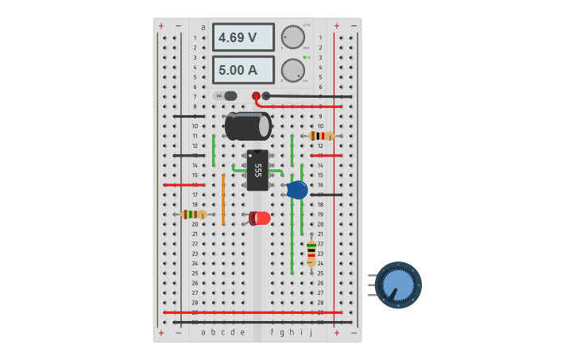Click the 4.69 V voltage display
tap(242, 37)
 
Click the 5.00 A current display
tap(242, 70)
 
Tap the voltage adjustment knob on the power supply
tap(292, 37)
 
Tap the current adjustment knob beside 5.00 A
tap(292, 70)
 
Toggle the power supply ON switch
tap(226, 96)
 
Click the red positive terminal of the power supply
tap(256, 96)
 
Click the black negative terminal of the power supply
tap(266, 96)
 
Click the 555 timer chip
tap(257, 170)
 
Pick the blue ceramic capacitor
tap(297, 189)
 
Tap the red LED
tap(260, 218)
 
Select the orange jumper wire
tap(223, 199)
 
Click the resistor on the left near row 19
tap(193, 214)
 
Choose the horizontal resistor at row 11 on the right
tap(320, 136)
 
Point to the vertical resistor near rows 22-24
tap(311, 252)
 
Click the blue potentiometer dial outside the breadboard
tap(398, 285)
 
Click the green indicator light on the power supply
tap(304, 57)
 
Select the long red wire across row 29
tap(253, 312)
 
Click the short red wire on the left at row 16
tap(184, 184)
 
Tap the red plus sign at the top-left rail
tap(161, 26)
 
